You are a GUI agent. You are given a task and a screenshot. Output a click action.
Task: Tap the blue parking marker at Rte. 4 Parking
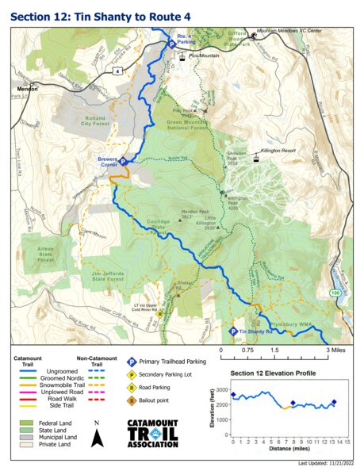(170, 45)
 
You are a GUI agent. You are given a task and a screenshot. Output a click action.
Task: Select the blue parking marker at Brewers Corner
(123, 160)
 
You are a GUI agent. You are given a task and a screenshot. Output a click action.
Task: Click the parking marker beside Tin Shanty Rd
(232, 332)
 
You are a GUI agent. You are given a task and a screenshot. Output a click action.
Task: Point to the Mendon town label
(24, 90)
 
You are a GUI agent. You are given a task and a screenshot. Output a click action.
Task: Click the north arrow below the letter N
(97, 438)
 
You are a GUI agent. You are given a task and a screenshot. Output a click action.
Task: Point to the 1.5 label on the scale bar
(274, 350)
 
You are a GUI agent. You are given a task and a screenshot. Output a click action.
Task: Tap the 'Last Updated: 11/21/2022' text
(324, 464)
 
